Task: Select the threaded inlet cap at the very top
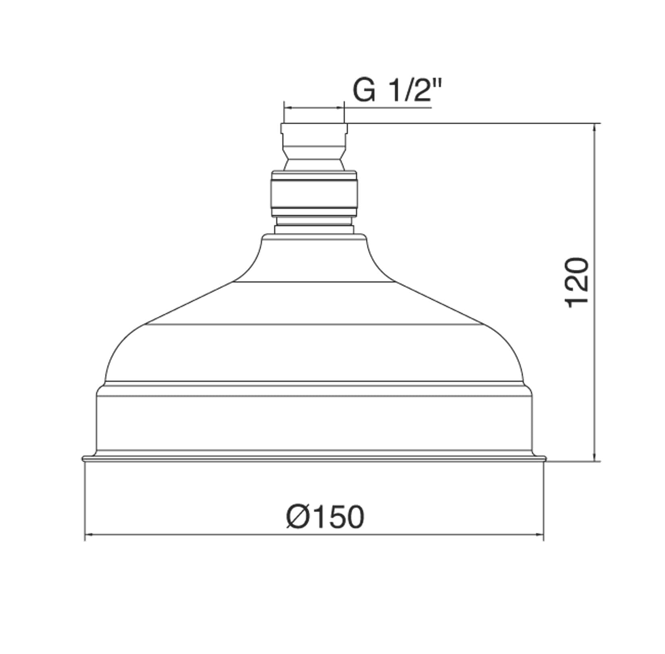pos(314,135)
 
